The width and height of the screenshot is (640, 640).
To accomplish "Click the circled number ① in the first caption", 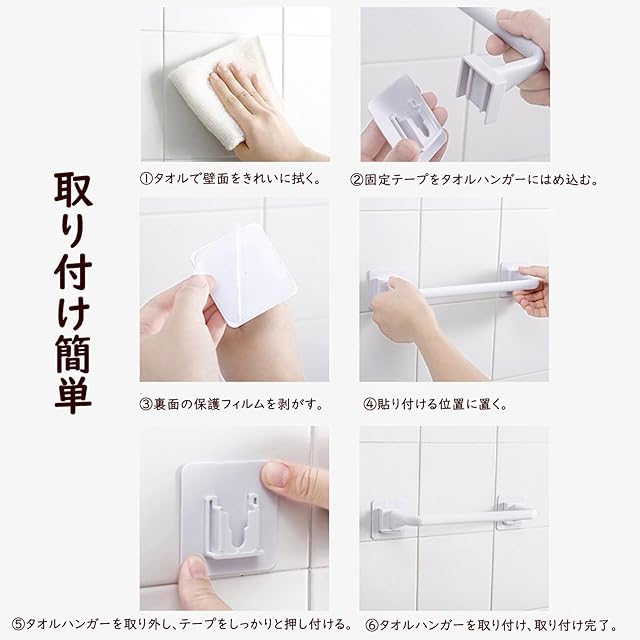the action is click(146, 179).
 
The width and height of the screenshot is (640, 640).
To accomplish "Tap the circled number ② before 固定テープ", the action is click(357, 180).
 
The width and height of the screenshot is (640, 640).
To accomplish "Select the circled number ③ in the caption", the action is click(146, 404).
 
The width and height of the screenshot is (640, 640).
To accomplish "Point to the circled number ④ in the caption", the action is click(369, 404).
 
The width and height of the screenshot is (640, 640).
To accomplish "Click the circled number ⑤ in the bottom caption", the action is click(18, 624).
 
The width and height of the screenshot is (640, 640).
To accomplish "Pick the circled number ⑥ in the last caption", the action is click(372, 625).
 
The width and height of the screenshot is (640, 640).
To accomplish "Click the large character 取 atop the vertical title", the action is click(73, 191).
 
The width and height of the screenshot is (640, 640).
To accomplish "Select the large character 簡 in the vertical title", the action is click(73, 353).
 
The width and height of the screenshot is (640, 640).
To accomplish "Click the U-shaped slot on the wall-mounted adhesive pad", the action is click(233, 527).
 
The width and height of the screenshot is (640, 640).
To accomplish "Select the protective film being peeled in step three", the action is click(245, 273).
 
